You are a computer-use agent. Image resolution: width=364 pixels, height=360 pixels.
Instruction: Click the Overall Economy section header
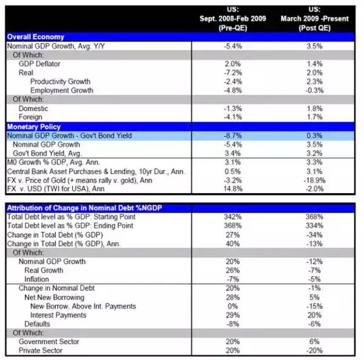35,37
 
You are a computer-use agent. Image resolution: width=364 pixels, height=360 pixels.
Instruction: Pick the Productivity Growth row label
60,81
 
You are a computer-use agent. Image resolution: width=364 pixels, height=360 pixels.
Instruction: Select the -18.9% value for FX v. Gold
315,180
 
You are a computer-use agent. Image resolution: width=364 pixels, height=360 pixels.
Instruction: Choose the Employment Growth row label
62,90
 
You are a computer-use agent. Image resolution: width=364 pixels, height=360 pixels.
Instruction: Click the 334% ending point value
315,226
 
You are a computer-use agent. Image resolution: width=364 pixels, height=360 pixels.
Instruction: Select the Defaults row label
39,324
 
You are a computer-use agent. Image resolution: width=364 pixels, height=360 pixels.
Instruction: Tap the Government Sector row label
49,341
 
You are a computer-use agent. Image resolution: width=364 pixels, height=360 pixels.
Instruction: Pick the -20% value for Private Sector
315,350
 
